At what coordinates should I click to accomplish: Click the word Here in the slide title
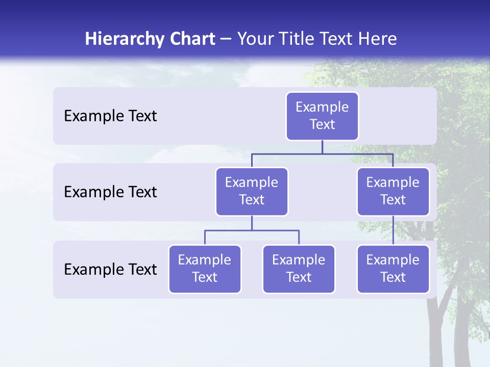pyautogui.click(x=378, y=39)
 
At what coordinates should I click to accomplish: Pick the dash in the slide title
pyautogui.click(x=226, y=39)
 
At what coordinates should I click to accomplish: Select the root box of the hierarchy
pyautogui.click(x=322, y=116)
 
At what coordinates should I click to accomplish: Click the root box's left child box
pyautogui.click(x=252, y=191)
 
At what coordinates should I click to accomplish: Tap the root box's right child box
pyautogui.click(x=393, y=191)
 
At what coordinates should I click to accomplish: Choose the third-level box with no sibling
pyautogui.click(x=393, y=269)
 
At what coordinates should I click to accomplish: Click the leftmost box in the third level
pyautogui.click(x=205, y=269)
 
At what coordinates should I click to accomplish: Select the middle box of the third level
pyautogui.click(x=299, y=269)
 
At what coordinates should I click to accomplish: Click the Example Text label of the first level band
pyautogui.click(x=110, y=116)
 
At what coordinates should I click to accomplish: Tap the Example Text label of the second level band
pyautogui.click(x=110, y=192)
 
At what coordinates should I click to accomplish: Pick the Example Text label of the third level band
pyautogui.click(x=110, y=269)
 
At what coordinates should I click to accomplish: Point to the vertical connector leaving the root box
pyautogui.click(x=322, y=147)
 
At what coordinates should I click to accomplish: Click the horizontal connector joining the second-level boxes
pyautogui.click(x=322, y=153)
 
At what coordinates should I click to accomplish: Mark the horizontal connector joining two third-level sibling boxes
pyautogui.click(x=252, y=230)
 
